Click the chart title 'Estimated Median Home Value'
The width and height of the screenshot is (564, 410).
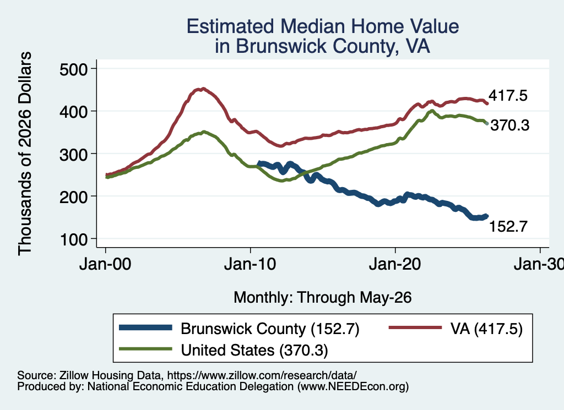(x=323, y=26)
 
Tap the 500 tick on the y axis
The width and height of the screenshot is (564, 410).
(x=73, y=69)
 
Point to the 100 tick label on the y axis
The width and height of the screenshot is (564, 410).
(x=73, y=239)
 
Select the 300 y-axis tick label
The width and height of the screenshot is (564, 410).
(x=73, y=154)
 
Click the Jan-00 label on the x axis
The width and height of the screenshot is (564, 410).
(x=105, y=264)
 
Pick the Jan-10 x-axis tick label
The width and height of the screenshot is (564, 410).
(x=250, y=264)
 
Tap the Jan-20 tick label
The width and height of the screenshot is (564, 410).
(x=395, y=264)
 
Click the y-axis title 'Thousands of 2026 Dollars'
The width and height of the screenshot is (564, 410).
(x=25, y=154)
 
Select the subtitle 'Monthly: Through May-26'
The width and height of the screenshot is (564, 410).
(x=323, y=298)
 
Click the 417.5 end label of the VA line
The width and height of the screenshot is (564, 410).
(x=508, y=96)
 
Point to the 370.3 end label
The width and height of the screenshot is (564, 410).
(x=510, y=125)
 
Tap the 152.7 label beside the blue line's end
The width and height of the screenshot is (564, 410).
(x=508, y=226)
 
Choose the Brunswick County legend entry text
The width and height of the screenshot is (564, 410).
(x=270, y=329)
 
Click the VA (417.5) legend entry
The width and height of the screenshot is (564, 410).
(x=486, y=329)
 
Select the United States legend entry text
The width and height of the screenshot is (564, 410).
(x=254, y=350)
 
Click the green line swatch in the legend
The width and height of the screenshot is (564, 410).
(x=145, y=349)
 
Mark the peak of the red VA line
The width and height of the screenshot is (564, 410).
(x=203, y=89)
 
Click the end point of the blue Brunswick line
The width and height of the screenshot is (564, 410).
(x=487, y=216)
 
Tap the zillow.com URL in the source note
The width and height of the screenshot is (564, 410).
(x=262, y=375)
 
